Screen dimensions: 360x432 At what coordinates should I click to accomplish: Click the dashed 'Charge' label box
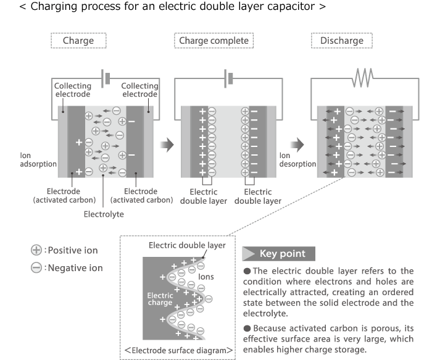point(78,41)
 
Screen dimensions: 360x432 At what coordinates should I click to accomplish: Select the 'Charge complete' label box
point(214,41)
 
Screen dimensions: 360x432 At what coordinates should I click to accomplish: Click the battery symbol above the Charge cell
point(107,78)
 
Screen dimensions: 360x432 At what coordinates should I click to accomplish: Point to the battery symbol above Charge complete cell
point(229,78)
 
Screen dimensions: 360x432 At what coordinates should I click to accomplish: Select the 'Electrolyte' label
point(103,214)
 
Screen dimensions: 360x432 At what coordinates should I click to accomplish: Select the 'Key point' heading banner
point(278,253)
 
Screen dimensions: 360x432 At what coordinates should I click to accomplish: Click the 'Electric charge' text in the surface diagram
point(160,299)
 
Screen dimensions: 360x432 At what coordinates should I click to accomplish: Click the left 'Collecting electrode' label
point(72,90)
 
